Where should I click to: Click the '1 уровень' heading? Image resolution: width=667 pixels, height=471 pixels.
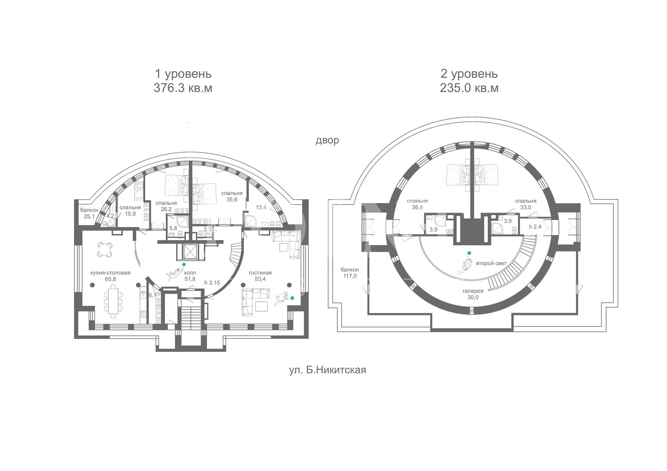[x=183, y=74]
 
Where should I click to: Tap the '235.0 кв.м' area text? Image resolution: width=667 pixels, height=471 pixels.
[x=469, y=88]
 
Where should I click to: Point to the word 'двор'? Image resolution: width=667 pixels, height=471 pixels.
[x=327, y=141]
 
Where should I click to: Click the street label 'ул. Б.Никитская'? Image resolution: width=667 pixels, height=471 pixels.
[x=327, y=370]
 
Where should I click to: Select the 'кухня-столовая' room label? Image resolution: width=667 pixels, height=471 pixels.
[x=110, y=273]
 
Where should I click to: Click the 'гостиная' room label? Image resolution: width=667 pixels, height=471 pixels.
[x=260, y=273]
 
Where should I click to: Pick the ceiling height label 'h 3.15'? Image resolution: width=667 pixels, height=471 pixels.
[x=212, y=283]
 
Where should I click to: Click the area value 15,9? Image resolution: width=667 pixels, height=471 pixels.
[x=130, y=213]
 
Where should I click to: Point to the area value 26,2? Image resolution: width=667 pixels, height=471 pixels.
[x=166, y=209]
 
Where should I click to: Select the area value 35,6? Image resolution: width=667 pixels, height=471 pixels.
[x=232, y=199]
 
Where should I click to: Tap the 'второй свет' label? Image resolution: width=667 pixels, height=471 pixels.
[x=491, y=263]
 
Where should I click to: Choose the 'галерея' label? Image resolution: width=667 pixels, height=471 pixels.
[x=473, y=291]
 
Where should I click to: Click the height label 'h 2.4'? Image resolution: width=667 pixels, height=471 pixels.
[x=535, y=227]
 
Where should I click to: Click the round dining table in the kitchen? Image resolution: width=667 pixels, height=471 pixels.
[x=104, y=250]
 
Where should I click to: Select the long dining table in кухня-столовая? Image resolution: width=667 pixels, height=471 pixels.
[x=113, y=301]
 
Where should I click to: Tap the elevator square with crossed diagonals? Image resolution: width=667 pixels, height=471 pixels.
[x=190, y=252]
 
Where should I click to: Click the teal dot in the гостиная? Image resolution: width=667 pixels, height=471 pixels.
[x=292, y=298]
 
